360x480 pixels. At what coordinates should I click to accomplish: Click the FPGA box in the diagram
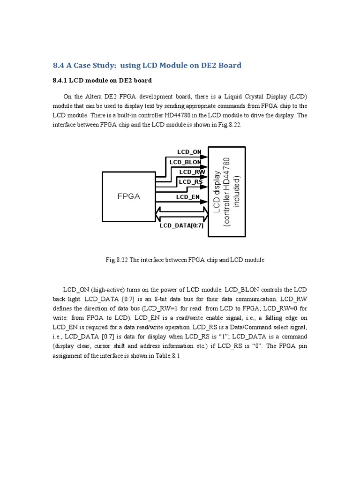pos(129,196)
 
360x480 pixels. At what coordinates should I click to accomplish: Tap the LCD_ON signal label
pos(189,152)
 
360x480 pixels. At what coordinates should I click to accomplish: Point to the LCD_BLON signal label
pos(185,162)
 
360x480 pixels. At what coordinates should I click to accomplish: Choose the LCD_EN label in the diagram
pos(188,197)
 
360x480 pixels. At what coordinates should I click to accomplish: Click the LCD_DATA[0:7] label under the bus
pos(181,226)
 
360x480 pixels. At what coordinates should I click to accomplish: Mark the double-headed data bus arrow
pos(182,215)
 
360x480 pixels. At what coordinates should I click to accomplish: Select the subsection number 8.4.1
pos(60,81)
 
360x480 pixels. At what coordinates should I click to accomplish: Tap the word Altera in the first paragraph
pos(92,97)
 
